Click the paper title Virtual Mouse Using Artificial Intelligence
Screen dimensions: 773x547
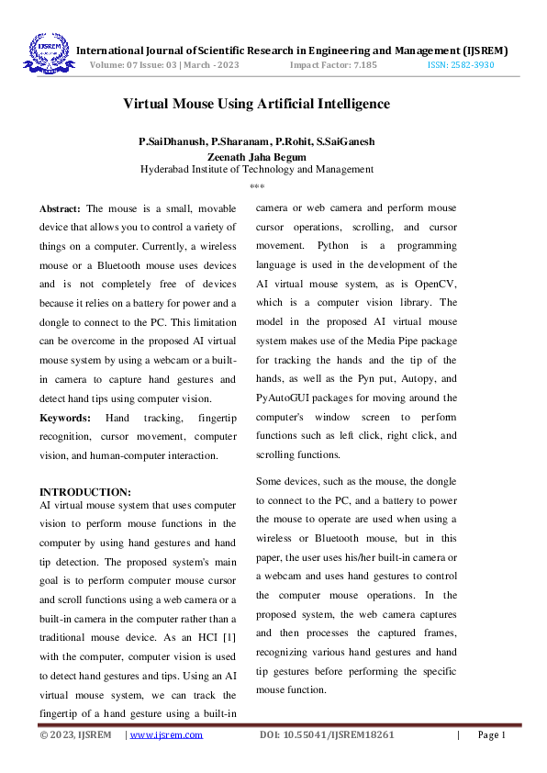click(x=256, y=104)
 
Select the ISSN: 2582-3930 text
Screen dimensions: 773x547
click(x=461, y=66)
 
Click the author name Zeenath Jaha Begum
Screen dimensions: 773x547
click(x=257, y=156)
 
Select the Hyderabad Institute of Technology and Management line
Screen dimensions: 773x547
click(x=257, y=169)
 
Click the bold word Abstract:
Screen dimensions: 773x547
click(x=60, y=208)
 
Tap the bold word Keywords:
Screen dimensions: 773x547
click(x=64, y=418)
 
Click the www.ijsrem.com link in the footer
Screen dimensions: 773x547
click(x=166, y=734)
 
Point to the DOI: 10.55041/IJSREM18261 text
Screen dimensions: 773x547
click(x=327, y=734)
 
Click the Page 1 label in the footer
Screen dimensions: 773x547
click(x=491, y=734)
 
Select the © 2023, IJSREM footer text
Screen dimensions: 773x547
click(x=75, y=734)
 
